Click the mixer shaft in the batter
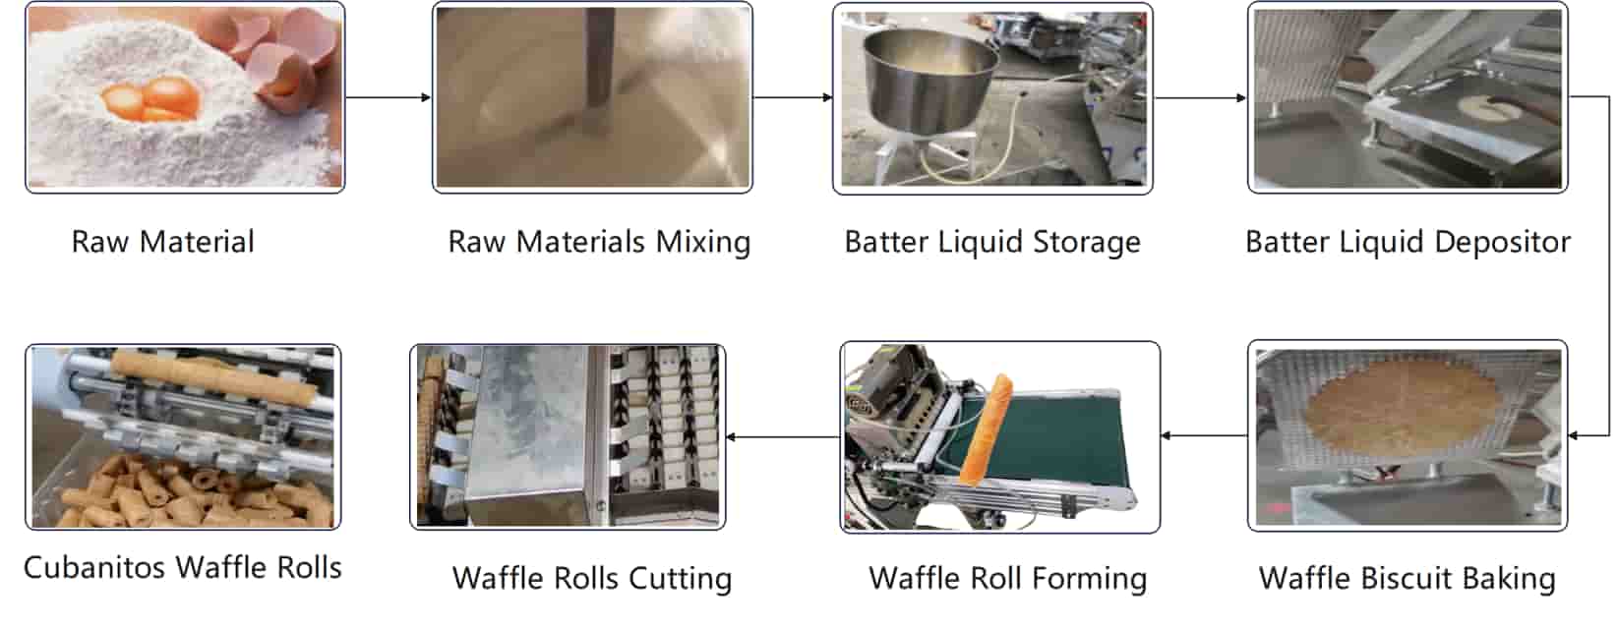coord(597,64)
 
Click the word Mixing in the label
coord(702,242)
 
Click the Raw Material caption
coord(163,242)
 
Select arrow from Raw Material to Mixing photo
coord(389,97)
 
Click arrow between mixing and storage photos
coord(793,97)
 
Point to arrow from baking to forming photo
coord(1204,435)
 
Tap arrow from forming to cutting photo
coord(783,436)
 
